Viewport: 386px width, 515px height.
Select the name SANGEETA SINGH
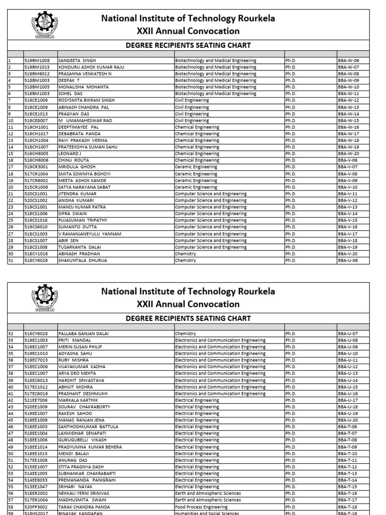pyautogui.click(x=77, y=60)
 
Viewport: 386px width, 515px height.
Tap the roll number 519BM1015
pyautogui.click(x=37, y=67)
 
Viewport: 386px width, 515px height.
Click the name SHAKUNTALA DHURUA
pyautogui.click(x=80, y=260)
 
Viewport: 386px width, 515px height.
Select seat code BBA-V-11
pyautogui.click(x=348, y=194)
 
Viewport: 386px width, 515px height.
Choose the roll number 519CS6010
pyautogui.click(x=37, y=227)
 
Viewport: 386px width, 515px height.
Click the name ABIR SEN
pyautogui.click(x=68, y=240)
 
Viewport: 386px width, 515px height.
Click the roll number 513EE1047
pyautogui.click(x=37, y=487)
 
